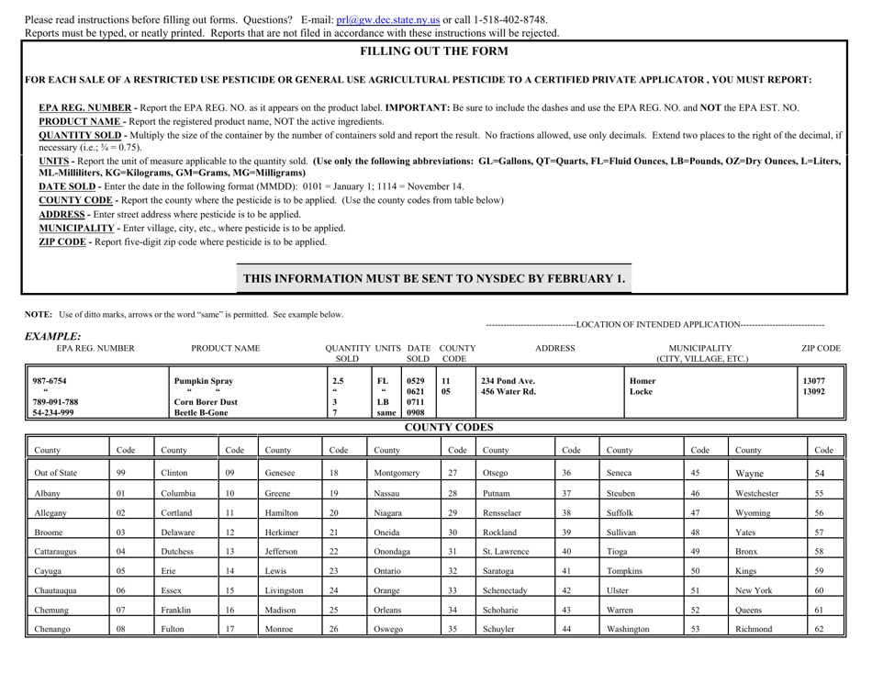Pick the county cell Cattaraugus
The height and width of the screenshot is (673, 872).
(x=54, y=581)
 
